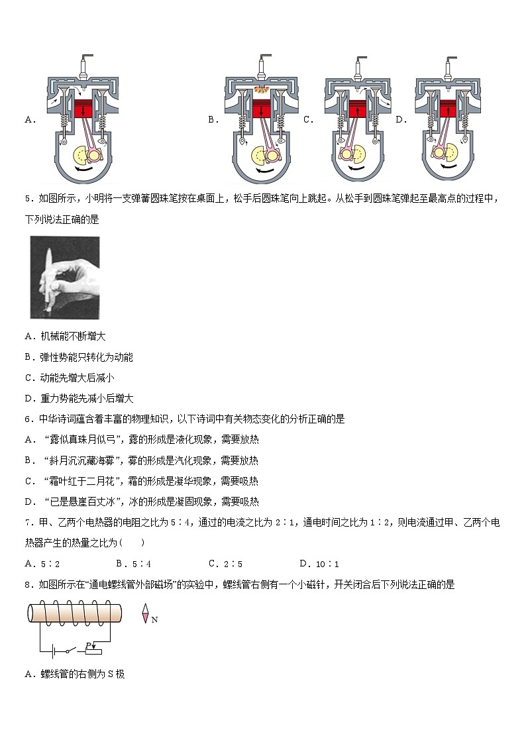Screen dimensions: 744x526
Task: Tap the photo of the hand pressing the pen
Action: [x=65, y=278]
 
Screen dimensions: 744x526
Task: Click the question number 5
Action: [x=28, y=198]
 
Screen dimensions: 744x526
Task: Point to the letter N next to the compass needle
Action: [x=155, y=620]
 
